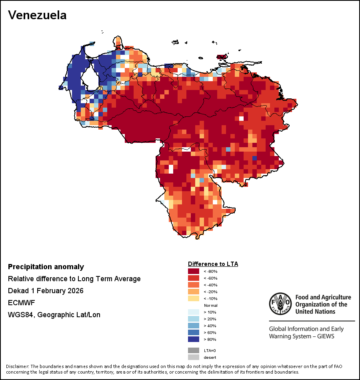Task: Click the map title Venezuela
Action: [x=37, y=15]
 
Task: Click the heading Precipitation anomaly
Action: [x=46, y=267]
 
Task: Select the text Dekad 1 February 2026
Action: [x=46, y=291]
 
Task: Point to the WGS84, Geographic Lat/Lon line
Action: [x=54, y=315]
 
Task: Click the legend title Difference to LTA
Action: [x=213, y=264]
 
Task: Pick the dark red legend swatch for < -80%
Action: [x=193, y=271]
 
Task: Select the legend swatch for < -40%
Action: [x=193, y=285]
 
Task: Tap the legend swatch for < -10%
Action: [x=193, y=298]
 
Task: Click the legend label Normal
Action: [x=210, y=305]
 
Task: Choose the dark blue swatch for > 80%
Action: [x=193, y=339]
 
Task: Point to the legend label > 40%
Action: [x=210, y=326]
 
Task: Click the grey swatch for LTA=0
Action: [x=193, y=350]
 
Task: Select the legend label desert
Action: [x=210, y=357]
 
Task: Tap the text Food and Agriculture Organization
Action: [x=323, y=304]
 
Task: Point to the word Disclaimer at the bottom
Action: [x=17, y=366]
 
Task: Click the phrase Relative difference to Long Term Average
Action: [x=74, y=279]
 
